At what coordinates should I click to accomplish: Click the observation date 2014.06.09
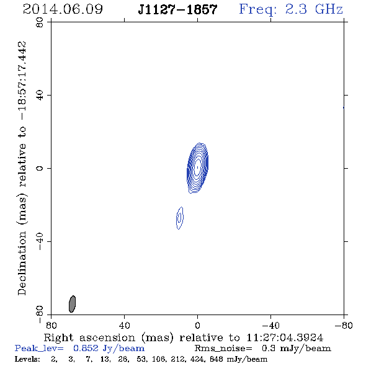click(63, 9)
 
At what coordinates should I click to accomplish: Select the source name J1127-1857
click(177, 9)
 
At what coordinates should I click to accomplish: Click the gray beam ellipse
click(72, 304)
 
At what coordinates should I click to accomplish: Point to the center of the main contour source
click(198, 167)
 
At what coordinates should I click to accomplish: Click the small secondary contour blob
click(179, 218)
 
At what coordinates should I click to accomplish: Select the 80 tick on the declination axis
click(40, 22)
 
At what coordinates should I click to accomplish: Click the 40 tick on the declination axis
click(40, 96)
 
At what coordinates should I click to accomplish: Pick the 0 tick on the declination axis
click(40, 168)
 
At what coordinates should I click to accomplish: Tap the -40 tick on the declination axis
click(40, 241)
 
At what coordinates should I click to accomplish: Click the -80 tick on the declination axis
click(40, 315)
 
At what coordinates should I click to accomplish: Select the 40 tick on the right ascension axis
click(124, 326)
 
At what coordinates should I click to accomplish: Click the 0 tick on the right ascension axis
click(197, 326)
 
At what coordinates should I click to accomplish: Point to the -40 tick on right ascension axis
click(270, 326)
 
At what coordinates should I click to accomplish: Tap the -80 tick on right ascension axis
click(344, 326)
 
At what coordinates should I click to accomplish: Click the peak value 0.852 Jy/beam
click(109, 349)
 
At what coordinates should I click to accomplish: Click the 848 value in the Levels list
click(216, 359)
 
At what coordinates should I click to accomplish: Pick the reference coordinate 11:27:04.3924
click(285, 337)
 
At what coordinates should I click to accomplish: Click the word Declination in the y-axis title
click(22, 264)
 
